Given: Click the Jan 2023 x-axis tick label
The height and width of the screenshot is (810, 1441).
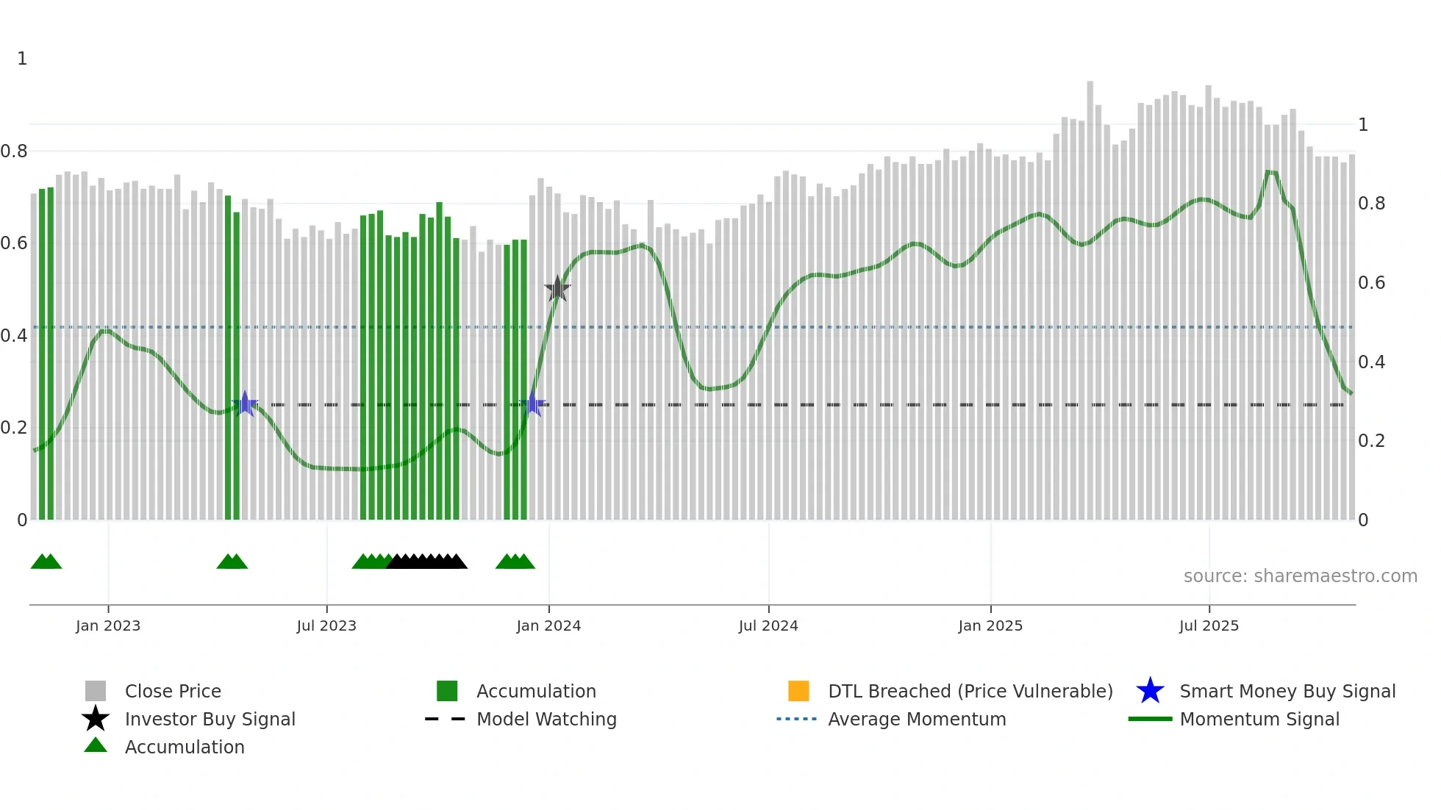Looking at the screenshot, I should pos(107,626).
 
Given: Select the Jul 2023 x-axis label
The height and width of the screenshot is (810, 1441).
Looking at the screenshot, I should pos(326,626).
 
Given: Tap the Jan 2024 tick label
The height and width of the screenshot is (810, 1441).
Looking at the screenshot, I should pos(548,626).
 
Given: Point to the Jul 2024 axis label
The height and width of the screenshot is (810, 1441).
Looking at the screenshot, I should pos(768,626).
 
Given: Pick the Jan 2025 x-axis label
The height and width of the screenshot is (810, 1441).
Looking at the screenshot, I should pos(990,626).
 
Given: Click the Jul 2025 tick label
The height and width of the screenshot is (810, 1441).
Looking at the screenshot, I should pos(1209,626).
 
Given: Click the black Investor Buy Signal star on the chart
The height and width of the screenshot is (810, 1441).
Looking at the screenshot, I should pos(557,289).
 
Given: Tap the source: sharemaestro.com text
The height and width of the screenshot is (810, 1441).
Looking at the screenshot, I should pos(1300,576).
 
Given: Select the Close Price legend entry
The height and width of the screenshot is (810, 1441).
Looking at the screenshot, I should pos(173,691).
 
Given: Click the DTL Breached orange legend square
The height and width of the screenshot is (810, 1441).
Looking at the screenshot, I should pos(798,691).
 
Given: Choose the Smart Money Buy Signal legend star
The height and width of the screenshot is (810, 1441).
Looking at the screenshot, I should pos(1150,691).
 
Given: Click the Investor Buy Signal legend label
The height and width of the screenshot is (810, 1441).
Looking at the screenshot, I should pos(210,719).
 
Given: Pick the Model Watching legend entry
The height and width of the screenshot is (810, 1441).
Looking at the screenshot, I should pos(546,719).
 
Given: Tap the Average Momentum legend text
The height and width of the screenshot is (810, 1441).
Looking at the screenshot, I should pos(917,719).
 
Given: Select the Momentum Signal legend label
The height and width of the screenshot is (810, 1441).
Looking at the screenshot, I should pos(1259,719).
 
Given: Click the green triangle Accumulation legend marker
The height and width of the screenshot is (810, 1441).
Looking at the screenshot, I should pos(96,746).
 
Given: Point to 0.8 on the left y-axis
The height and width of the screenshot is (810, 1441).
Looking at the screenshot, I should pos(14,151).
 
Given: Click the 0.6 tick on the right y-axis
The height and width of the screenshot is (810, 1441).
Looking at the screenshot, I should pos(1371,283).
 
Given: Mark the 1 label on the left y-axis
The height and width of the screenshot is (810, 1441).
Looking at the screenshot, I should pos(22,59).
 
